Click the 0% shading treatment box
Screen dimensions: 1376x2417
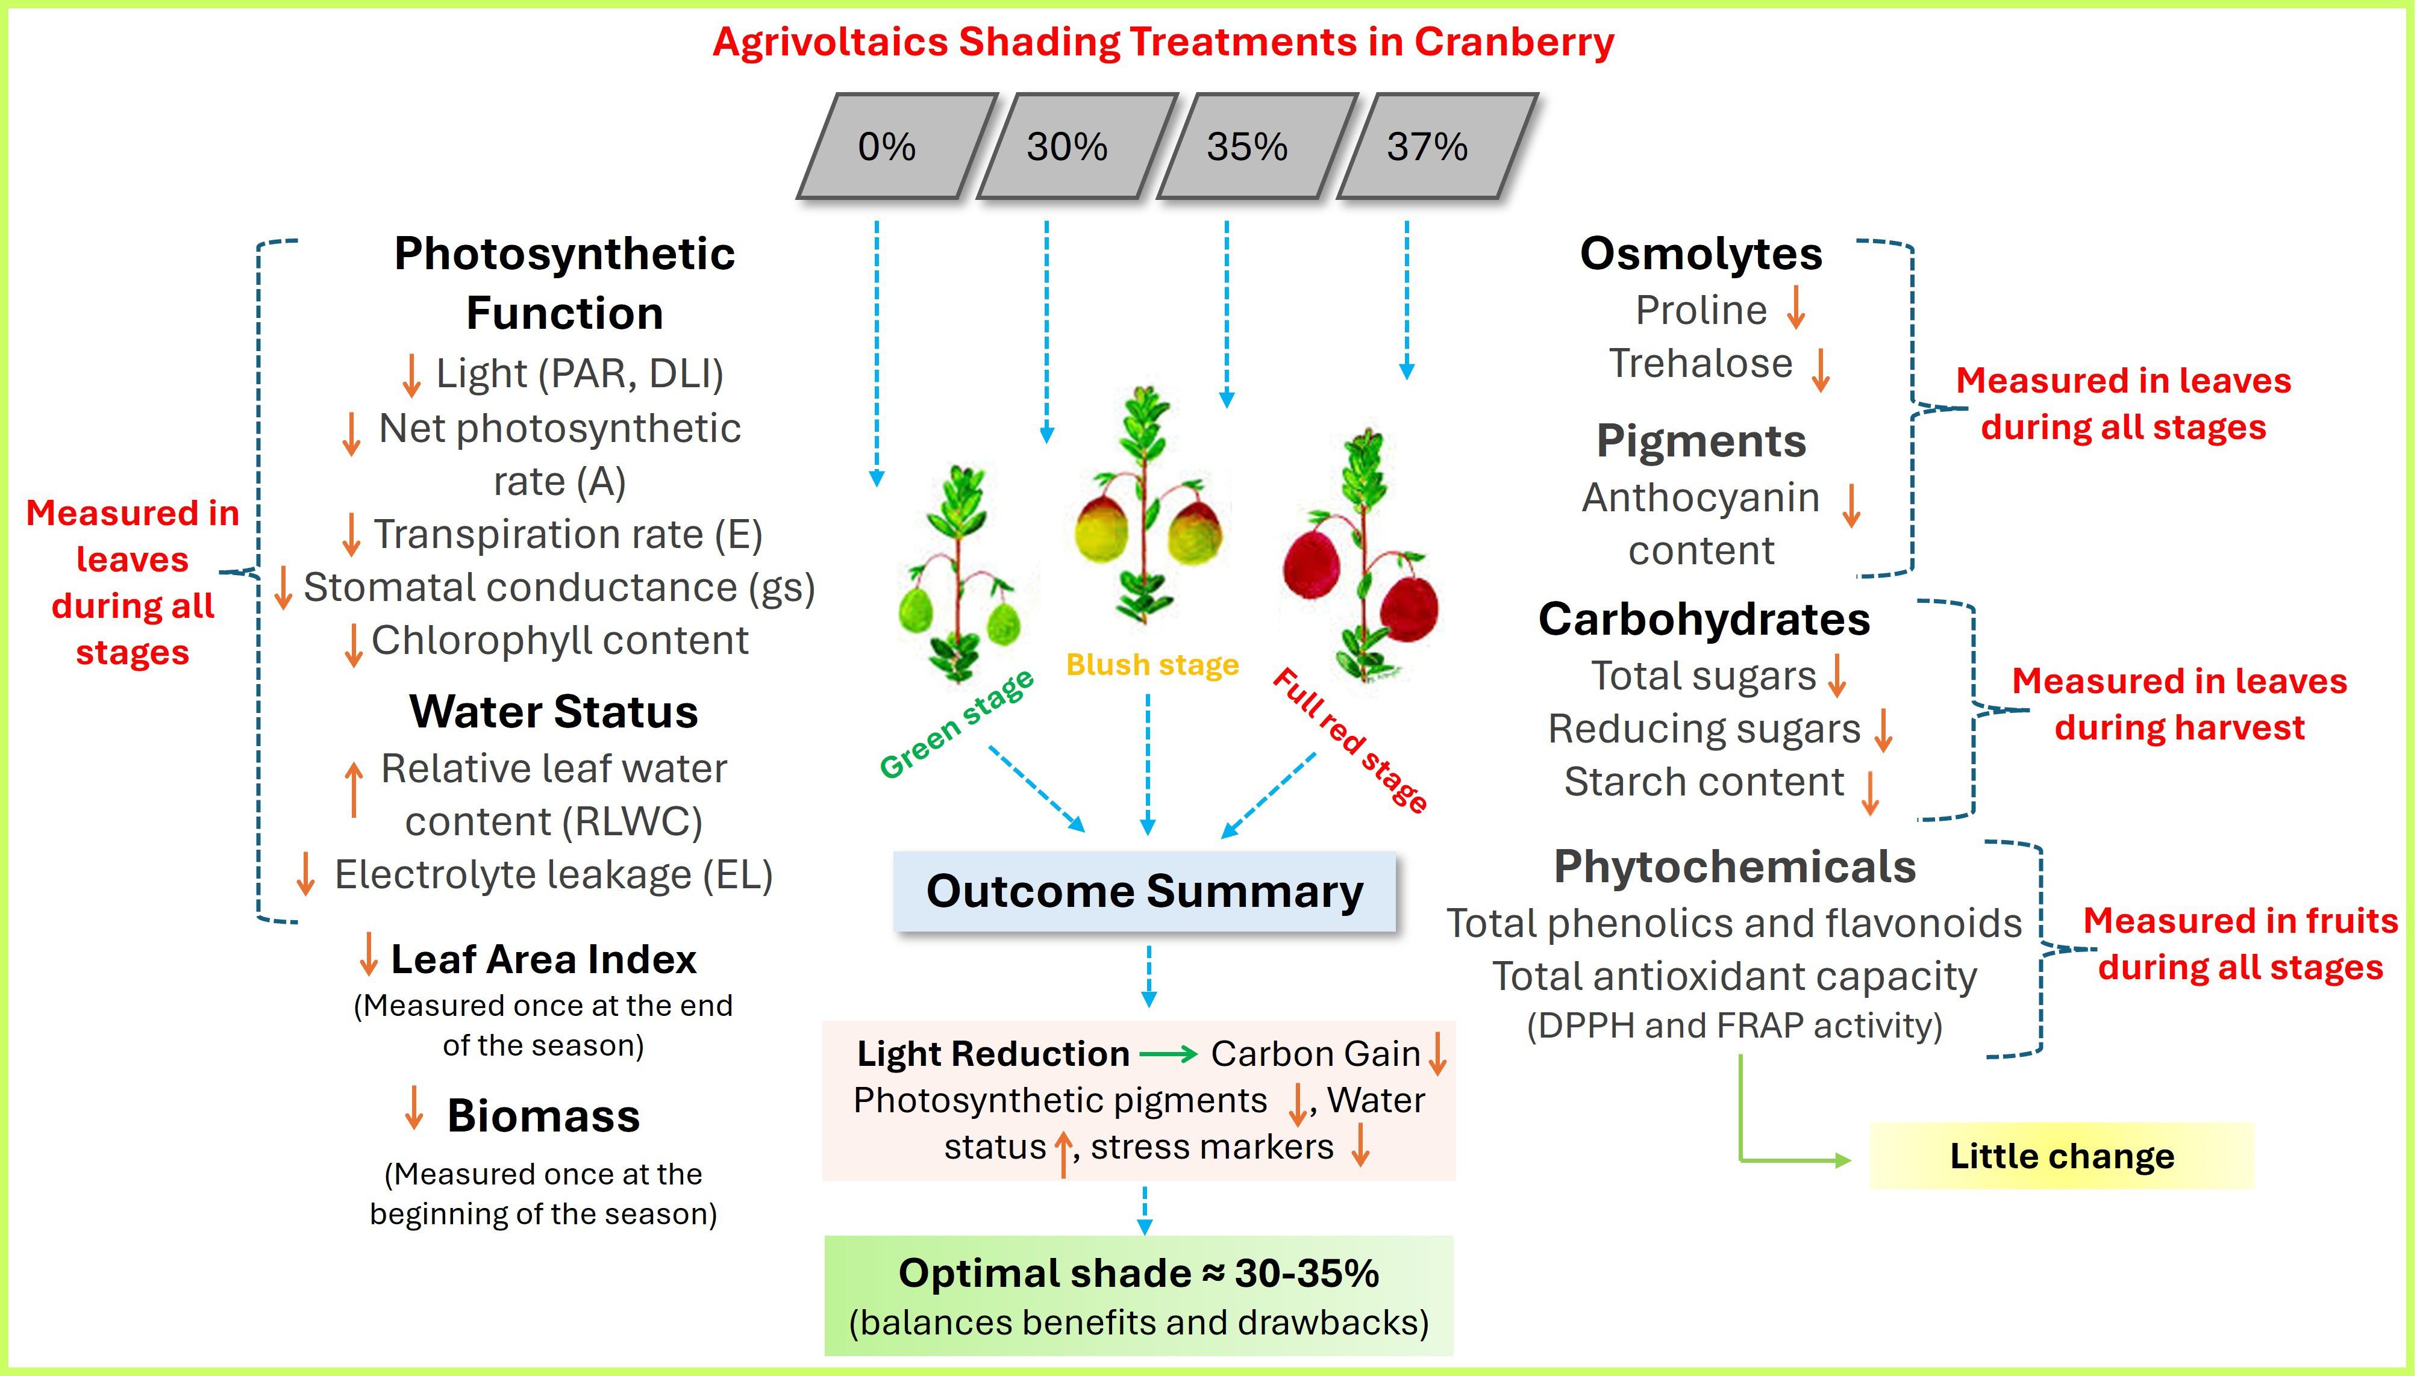point(887,146)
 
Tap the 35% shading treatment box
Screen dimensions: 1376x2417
point(1247,146)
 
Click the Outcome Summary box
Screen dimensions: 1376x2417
point(1145,891)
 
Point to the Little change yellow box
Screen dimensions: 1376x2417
point(2062,1156)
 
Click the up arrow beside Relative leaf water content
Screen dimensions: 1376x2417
point(354,789)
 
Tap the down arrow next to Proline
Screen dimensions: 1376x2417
point(1796,308)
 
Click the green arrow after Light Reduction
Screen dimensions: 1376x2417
point(1168,1053)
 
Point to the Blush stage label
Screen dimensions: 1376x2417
point(1152,664)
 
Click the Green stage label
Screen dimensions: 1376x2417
point(957,725)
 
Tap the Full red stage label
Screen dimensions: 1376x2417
point(1350,740)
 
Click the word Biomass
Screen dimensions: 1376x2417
point(543,1115)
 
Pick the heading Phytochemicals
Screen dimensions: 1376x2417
point(1734,866)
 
